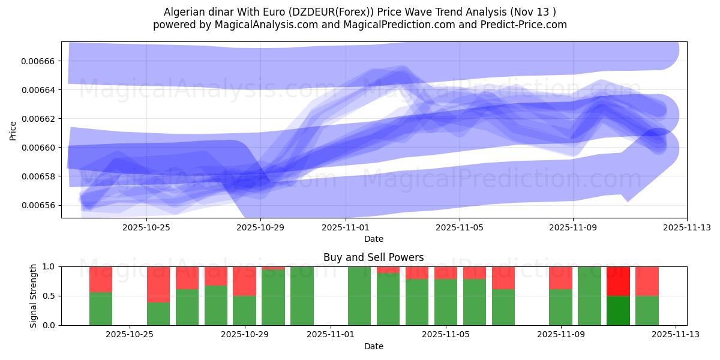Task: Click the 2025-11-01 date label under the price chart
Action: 346,228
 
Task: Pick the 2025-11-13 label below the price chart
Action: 687,228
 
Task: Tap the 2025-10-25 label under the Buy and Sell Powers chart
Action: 130,335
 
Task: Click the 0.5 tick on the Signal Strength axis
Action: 50,296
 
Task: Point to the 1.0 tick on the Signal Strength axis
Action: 50,266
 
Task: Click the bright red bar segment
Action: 618,281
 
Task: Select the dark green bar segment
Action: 618,310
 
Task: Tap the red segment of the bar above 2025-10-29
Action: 244,281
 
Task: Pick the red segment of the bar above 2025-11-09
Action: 560,278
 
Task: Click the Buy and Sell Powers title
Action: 373,258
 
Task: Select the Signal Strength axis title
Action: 34,296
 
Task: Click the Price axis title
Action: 13,130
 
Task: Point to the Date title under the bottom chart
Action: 373,346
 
